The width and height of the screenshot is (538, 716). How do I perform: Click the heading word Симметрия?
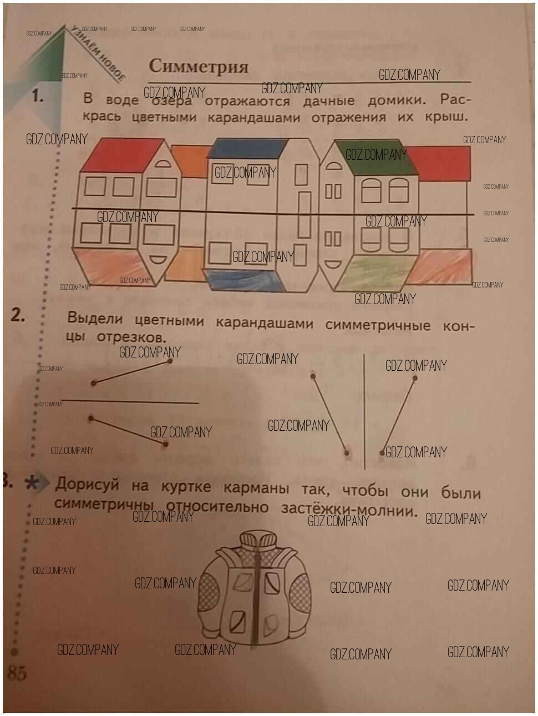click(199, 67)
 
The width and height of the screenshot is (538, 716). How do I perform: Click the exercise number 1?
click(38, 96)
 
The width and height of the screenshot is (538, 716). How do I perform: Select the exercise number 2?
click(18, 315)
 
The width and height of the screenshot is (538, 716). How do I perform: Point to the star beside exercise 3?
click(32, 483)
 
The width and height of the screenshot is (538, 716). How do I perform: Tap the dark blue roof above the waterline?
click(248, 148)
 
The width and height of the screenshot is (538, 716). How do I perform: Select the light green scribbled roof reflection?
click(375, 273)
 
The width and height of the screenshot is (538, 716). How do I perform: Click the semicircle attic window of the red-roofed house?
click(163, 164)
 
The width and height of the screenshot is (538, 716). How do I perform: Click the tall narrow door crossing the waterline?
click(304, 215)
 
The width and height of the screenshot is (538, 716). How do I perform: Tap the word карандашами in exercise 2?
click(264, 324)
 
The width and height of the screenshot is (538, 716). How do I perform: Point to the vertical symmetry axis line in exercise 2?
click(364, 411)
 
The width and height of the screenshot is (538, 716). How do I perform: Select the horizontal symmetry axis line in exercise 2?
click(130, 401)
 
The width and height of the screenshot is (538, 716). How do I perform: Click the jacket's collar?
click(257, 540)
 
